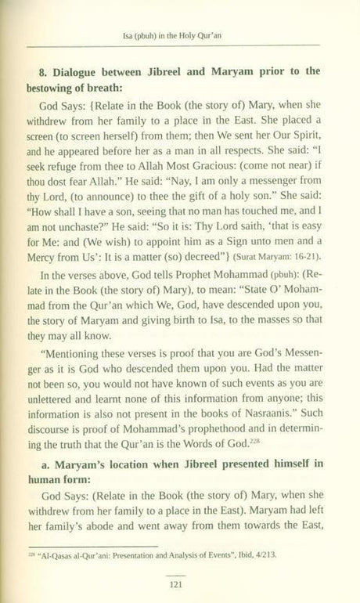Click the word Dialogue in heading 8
76,71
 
